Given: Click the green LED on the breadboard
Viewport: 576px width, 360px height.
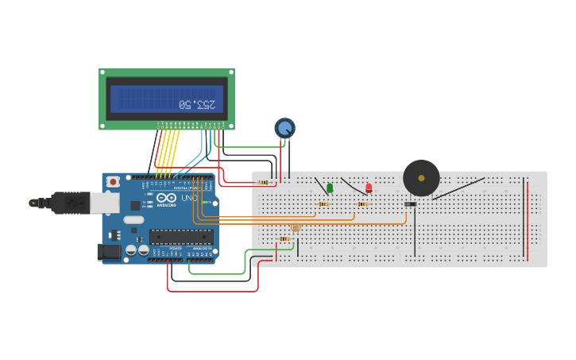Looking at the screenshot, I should [x=330, y=188].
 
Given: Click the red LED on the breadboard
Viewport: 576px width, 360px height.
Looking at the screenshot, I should [x=369, y=188].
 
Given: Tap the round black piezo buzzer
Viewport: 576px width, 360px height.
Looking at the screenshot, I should [x=421, y=178].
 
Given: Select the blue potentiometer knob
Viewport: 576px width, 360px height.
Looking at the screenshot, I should [x=284, y=127].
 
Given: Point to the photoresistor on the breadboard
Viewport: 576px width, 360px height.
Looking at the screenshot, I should [x=296, y=228].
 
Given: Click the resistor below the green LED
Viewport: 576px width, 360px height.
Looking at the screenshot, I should [x=323, y=204].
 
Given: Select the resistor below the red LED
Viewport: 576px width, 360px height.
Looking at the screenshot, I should [x=362, y=204].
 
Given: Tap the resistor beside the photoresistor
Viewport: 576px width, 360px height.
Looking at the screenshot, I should [x=284, y=238].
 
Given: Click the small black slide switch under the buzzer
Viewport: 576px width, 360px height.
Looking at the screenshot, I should [x=410, y=204].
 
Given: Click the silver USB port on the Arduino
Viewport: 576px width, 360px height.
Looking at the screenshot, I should [x=104, y=203].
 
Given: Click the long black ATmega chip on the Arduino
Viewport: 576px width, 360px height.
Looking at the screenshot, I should [x=181, y=236].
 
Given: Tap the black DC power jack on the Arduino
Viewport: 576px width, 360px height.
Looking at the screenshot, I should [x=108, y=253].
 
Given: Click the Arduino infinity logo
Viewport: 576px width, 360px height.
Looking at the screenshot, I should [x=165, y=198].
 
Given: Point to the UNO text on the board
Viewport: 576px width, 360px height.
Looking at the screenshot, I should [x=189, y=198].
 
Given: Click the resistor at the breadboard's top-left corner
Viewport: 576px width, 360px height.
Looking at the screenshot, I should [x=263, y=182].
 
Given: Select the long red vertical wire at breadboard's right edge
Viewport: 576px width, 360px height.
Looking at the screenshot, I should [x=528, y=219].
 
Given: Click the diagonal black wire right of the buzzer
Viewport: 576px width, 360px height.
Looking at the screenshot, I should [x=458, y=189].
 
